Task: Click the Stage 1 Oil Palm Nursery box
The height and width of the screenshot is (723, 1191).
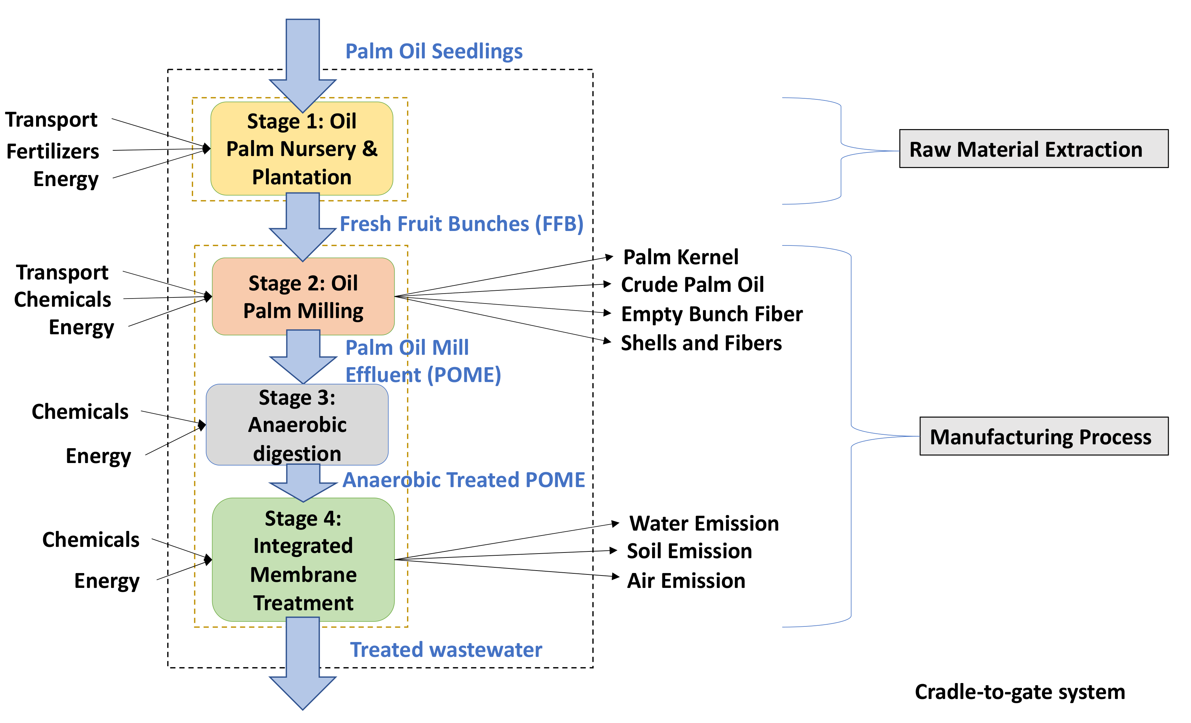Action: coord(302,149)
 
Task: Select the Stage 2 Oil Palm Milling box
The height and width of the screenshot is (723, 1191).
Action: coord(303,296)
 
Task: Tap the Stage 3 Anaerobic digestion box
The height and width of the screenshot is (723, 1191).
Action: coord(297,424)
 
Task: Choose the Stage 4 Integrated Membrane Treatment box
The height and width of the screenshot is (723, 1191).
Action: coord(303,560)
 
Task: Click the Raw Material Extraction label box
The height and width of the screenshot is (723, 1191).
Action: coord(1033,149)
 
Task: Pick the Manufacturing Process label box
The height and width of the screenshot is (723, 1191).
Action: coord(1044,436)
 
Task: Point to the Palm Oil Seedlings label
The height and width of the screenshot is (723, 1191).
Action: coord(434,51)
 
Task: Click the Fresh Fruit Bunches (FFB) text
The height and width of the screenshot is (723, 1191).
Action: coord(461,224)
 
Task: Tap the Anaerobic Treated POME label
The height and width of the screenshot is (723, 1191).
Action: coord(464,480)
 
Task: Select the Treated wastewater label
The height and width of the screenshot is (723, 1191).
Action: coord(446,649)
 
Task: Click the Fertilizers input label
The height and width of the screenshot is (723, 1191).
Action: coord(53,151)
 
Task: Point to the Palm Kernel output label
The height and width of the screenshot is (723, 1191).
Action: coord(681,257)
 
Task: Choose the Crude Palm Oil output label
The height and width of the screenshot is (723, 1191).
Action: coord(692,284)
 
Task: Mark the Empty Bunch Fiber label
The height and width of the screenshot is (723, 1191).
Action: coord(711,314)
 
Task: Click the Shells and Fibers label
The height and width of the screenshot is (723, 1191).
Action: coord(701,343)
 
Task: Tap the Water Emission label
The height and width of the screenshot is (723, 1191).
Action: coord(704,523)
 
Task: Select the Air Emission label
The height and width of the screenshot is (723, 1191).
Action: coord(686,580)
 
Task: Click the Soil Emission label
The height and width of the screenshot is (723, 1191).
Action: coord(689,551)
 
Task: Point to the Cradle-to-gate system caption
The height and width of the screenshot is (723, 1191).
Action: coord(1020,692)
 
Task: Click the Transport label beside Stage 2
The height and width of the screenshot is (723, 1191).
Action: coord(62,273)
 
